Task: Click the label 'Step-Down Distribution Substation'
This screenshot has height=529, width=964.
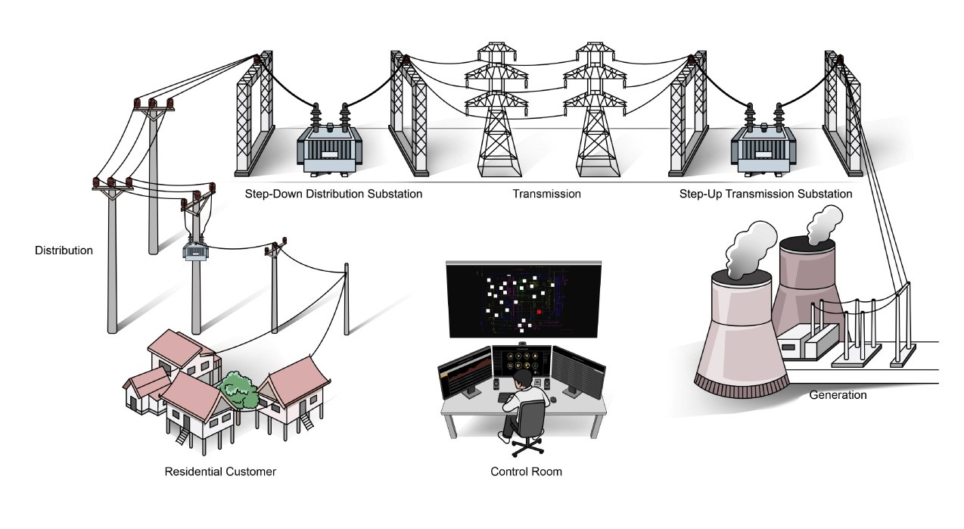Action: coord(333,194)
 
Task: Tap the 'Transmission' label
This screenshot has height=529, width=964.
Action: coord(546,194)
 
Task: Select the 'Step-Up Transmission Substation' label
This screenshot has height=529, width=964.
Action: coord(766,194)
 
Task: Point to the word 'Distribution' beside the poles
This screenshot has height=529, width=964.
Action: coord(64,250)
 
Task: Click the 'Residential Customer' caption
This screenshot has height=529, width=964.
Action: coord(220,471)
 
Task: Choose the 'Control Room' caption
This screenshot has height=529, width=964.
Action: coord(526,471)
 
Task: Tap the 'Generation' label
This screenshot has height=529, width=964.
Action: coord(838,394)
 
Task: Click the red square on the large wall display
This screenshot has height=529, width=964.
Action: coord(539,310)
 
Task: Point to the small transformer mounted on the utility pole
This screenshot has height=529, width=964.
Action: coord(194,250)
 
